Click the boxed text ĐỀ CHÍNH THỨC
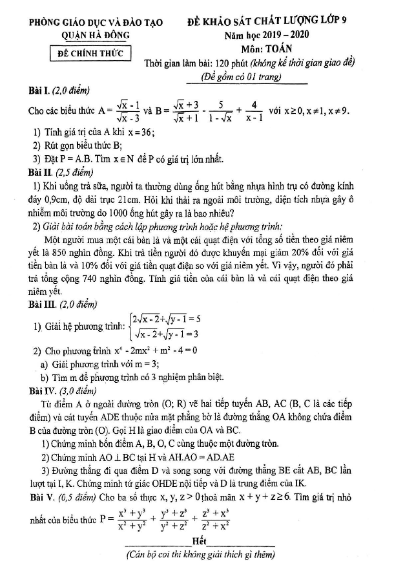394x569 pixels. (90, 53)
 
